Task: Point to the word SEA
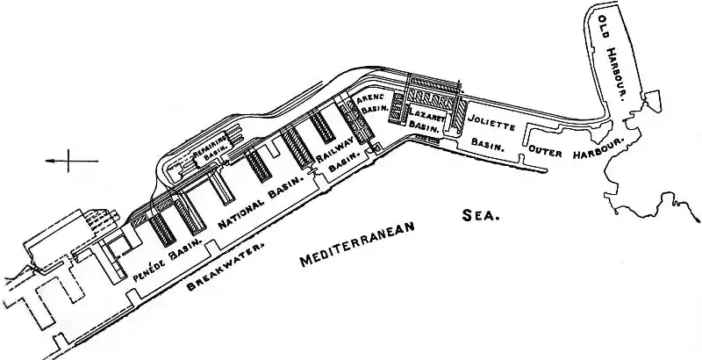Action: point(479,214)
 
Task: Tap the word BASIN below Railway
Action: point(348,159)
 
